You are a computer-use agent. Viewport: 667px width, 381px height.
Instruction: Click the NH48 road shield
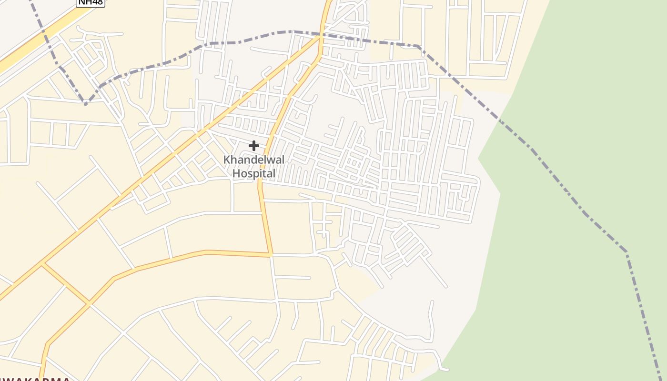pyautogui.click(x=91, y=2)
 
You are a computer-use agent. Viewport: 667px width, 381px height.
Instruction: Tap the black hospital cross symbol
pyautogui.click(x=254, y=146)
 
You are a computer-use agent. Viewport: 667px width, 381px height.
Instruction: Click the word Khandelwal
pyautogui.click(x=253, y=160)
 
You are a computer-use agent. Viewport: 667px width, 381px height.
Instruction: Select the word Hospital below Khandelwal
pyautogui.click(x=254, y=173)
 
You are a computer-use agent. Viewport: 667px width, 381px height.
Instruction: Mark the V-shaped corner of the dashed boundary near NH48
pyautogui.click(x=86, y=103)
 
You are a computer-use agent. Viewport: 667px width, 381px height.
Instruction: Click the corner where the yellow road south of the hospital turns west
pyautogui.click(x=271, y=254)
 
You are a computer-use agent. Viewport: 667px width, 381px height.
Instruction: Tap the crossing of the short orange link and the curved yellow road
pyautogui.click(x=89, y=303)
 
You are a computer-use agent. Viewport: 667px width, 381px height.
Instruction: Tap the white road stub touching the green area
pyautogui.click(x=446, y=369)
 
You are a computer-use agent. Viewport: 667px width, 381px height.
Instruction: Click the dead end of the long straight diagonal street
pyautogui.click(x=446, y=287)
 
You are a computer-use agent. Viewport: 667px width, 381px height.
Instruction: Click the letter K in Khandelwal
pyautogui.click(x=227, y=160)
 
